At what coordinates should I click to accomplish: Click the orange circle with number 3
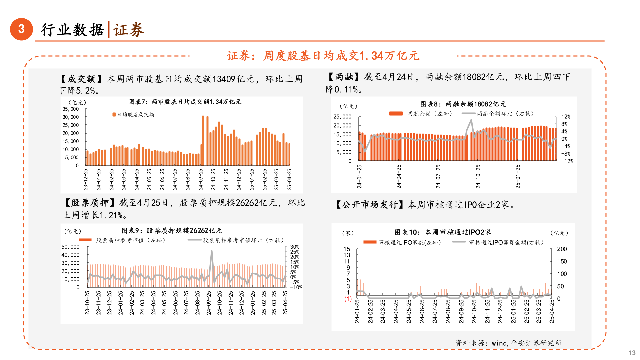(21, 29)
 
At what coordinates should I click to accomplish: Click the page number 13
(632, 353)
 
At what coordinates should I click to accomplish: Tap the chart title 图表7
(185, 102)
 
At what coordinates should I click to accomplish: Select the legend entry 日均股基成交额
(133, 115)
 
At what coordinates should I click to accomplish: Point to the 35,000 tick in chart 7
(71, 109)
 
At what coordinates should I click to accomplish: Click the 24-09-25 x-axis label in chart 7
(201, 179)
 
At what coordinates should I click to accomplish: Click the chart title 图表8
(463, 104)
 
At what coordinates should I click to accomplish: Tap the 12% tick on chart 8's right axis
(566, 117)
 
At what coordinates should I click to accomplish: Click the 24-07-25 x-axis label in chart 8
(438, 177)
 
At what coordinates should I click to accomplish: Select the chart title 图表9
(172, 231)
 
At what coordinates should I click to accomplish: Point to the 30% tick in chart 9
(295, 247)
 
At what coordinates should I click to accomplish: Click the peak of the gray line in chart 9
(211, 251)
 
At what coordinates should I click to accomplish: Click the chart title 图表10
(443, 232)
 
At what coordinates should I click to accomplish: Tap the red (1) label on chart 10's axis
(348, 299)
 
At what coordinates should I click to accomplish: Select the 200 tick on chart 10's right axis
(562, 249)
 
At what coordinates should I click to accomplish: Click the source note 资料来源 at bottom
(508, 343)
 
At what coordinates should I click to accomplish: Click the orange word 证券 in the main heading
(128, 30)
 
